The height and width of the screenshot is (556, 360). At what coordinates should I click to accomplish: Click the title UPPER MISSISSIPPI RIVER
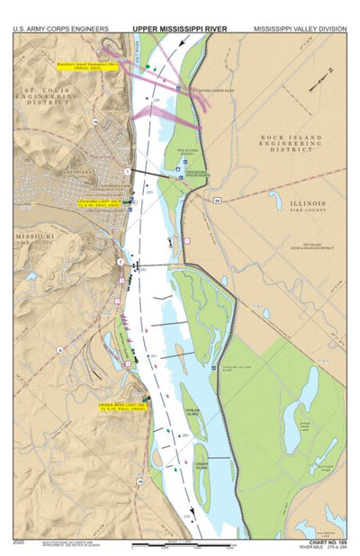coord(179,29)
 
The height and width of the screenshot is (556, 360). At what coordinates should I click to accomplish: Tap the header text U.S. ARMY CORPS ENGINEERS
coord(61,29)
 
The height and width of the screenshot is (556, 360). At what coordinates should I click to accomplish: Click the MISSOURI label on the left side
coord(34,236)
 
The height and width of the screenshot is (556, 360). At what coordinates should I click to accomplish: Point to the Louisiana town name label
coord(78,169)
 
